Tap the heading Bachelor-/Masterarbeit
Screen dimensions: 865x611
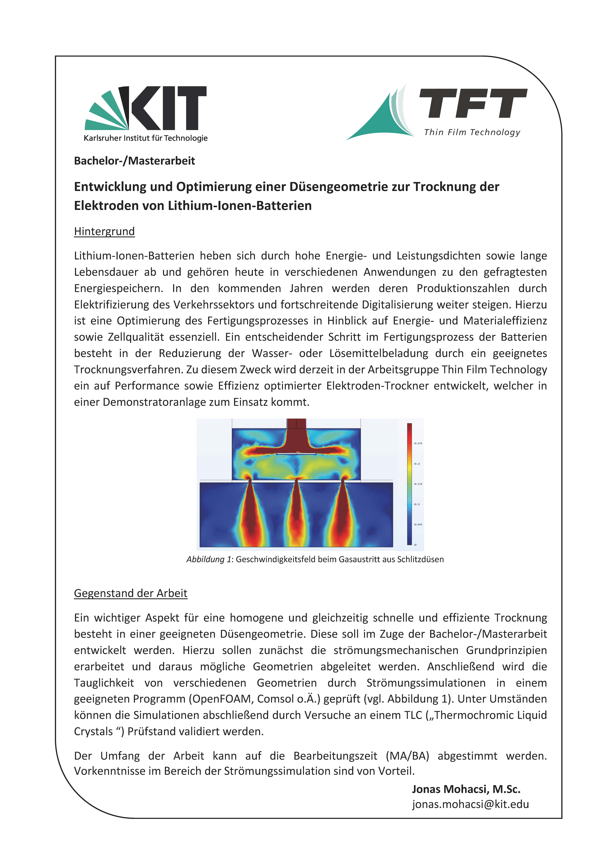pyautogui.click(x=134, y=161)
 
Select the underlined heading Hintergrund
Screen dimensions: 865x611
pyautogui.click(x=104, y=231)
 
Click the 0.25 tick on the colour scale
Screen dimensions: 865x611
pyautogui.click(x=418, y=443)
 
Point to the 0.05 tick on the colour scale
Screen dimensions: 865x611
pyautogui.click(x=418, y=524)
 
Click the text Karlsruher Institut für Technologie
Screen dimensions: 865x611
pyautogui.click(x=146, y=138)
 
